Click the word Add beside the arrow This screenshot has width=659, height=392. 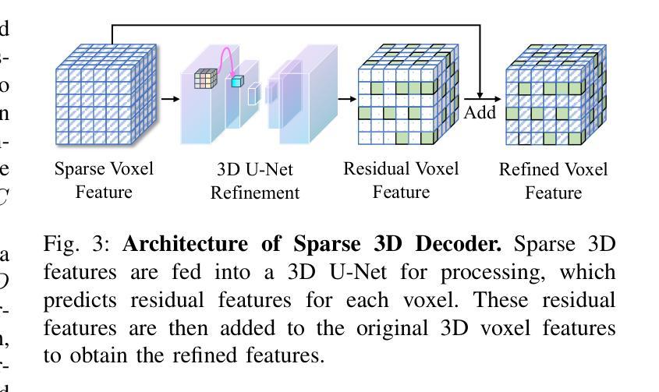pyautogui.click(x=480, y=112)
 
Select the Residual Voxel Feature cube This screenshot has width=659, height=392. pyautogui.click(x=402, y=97)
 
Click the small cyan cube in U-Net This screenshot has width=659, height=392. pyautogui.click(x=237, y=81)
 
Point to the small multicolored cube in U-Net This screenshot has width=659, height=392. pyautogui.click(x=204, y=78)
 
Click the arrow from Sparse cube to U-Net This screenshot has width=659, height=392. pyautogui.click(x=169, y=99)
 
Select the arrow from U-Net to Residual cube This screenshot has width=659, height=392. pyautogui.click(x=347, y=99)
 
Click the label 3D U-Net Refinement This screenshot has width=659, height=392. pyautogui.click(x=254, y=181)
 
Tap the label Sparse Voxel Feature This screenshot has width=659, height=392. pyautogui.click(x=104, y=180)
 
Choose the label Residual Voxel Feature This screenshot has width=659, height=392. pyautogui.click(x=401, y=180)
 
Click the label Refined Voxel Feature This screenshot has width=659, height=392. pyautogui.click(x=553, y=181)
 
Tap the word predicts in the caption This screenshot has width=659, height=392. pyautogui.click(x=78, y=300)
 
